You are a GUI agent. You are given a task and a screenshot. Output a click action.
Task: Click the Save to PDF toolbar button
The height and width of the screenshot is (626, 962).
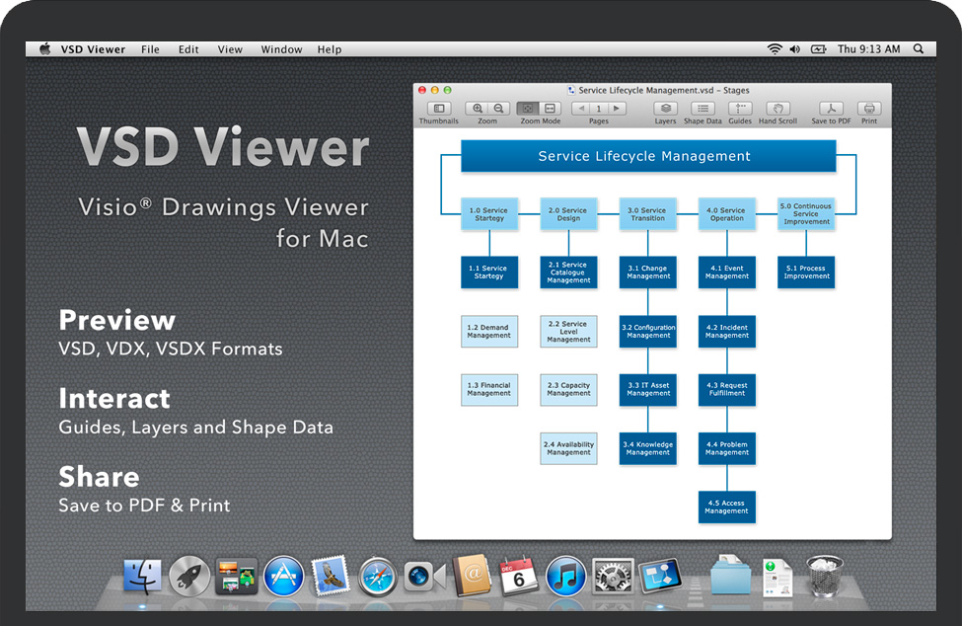tap(832, 109)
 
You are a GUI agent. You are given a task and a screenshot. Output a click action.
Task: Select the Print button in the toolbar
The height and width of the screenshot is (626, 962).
tap(868, 109)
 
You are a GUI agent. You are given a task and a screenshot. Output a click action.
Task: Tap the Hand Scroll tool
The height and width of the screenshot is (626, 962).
tap(777, 109)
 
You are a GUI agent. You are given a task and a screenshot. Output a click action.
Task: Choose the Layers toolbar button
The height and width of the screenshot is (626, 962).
tap(666, 109)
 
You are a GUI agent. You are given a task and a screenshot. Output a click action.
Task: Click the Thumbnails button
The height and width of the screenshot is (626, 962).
tap(439, 109)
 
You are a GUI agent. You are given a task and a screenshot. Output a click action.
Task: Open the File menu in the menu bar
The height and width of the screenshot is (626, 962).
tap(150, 49)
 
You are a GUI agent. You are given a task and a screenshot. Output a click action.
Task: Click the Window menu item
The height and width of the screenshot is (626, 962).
tap(281, 49)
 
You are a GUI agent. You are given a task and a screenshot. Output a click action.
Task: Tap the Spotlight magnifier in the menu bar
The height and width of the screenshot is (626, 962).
tap(919, 48)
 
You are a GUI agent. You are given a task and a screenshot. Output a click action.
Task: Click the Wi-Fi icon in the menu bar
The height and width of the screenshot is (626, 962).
tap(775, 48)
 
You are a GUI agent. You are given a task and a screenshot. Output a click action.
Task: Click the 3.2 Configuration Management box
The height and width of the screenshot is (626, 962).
tap(648, 331)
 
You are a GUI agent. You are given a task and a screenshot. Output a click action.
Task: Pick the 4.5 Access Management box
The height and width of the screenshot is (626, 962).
tap(727, 507)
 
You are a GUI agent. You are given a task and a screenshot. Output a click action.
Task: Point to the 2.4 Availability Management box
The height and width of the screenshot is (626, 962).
tap(569, 448)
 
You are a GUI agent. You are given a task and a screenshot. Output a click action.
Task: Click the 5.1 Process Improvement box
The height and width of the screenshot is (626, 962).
tap(806, 272)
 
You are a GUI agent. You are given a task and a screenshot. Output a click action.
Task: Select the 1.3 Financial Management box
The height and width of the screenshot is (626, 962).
tap(489, 389)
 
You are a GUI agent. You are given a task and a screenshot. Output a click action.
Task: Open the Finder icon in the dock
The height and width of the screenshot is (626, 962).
tap(142, 576)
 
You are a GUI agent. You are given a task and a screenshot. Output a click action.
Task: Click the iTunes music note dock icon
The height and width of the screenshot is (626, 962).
tap(566, 576)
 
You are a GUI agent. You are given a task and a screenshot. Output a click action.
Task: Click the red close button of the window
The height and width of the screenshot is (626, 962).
tap(422, 90)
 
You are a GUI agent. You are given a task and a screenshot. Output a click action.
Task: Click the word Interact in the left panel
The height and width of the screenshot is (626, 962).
tap(114, 398)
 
